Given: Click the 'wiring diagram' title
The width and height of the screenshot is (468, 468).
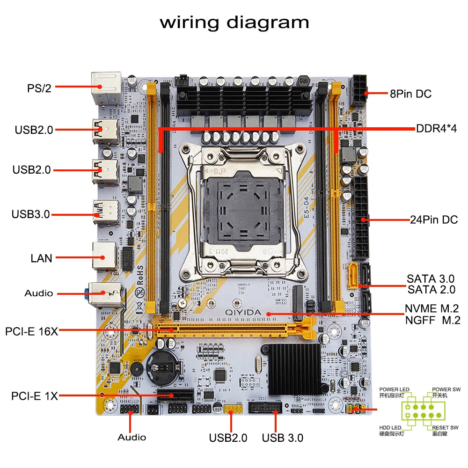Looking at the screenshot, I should click(x=234, y=22).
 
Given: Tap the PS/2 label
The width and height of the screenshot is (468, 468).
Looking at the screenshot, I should click(x=39, y=88).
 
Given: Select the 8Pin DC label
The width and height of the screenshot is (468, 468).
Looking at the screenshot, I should click(x=410, y=94).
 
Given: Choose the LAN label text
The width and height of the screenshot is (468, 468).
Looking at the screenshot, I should click(x=41, y=258).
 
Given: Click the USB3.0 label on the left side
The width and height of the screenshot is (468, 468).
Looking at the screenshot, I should click(x=30, y=215).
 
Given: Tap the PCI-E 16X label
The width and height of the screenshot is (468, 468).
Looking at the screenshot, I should click(x=31, y=331).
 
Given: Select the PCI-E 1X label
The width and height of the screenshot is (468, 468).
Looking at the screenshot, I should click(x=34, y=396).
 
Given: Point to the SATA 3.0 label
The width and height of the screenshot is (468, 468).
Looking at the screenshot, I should click(x=430, y=279).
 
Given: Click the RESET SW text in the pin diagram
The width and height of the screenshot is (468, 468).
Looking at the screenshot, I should click(x=445, y=428).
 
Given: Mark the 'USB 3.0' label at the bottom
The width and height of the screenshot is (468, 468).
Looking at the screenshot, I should click(x=282, y=438).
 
